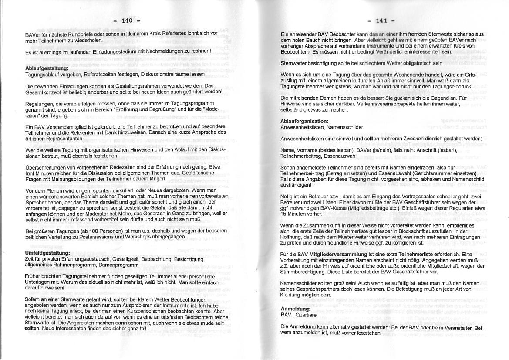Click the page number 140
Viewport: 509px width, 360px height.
click(127, 20)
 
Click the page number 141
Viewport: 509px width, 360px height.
click(381, 20)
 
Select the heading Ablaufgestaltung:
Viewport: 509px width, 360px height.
click(47, 68)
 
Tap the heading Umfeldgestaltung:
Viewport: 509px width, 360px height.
click(47, 253)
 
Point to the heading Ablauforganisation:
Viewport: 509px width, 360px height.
click(304, 121)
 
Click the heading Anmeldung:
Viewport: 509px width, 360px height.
click(296, 309)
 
